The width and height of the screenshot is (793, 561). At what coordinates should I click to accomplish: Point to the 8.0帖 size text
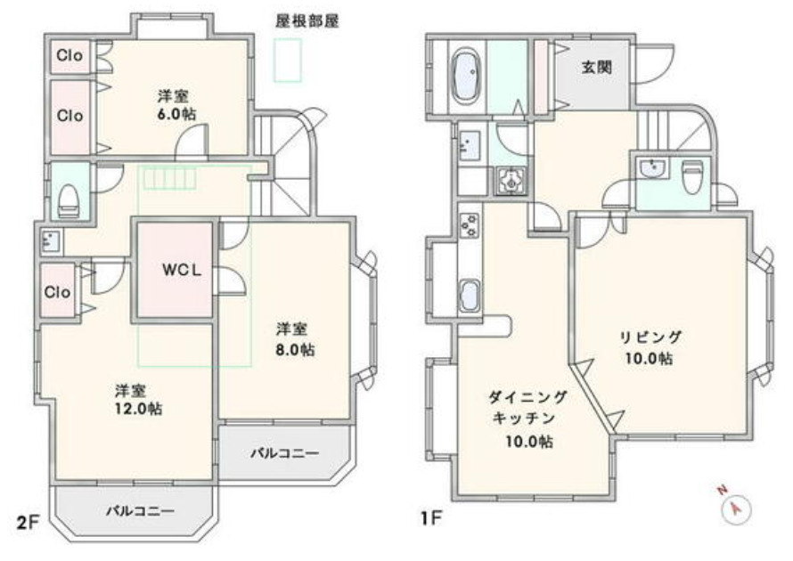(x=295, y=349)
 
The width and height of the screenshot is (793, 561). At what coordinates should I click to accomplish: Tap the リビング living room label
(x=650, y=337)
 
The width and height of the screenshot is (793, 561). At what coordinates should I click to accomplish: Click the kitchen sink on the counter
(x=470, y=296)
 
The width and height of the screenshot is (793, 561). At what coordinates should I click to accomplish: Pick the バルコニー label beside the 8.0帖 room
(x=283, y=453)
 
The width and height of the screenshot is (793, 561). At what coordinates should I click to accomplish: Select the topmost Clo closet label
(x=69, y=55)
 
